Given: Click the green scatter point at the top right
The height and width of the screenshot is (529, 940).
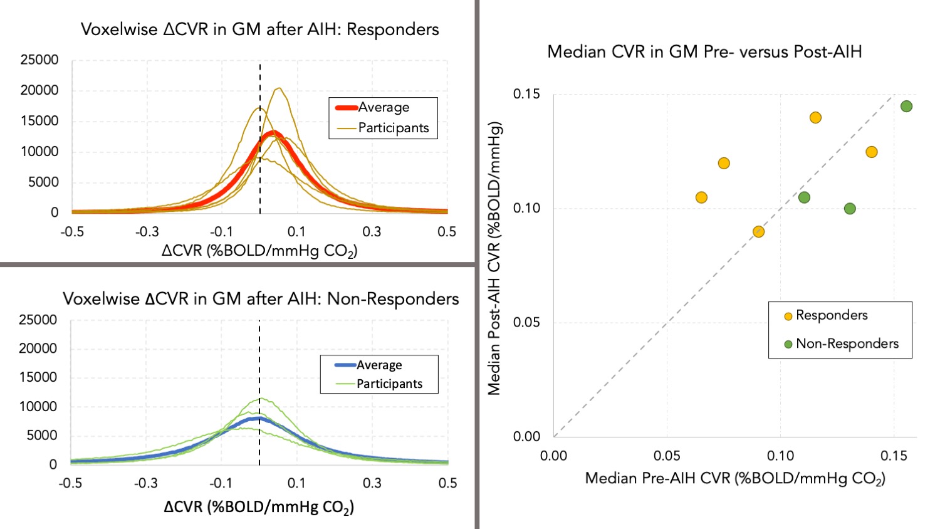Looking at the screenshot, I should tap(906, 107).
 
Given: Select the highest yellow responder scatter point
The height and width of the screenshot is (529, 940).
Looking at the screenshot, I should tap(815, 118).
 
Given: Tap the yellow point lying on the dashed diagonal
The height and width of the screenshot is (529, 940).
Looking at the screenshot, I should tap(758, 232).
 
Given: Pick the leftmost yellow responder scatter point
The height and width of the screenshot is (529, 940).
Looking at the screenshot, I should tap(701, 197).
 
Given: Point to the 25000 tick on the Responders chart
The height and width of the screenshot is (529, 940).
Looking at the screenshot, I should tap(39, 60).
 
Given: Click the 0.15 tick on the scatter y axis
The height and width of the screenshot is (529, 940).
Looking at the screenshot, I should tap(526, 94).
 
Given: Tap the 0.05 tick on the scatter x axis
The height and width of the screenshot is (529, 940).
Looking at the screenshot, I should tap(667, 456).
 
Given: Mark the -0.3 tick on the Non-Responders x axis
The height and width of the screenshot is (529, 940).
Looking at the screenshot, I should tap(145, 483).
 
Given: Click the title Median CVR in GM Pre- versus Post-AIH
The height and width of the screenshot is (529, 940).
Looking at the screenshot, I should tap(704, 51).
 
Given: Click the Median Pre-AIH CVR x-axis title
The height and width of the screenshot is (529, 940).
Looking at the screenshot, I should tap(735, 479).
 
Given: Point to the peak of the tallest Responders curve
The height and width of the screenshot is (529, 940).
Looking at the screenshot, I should tap(279, 88).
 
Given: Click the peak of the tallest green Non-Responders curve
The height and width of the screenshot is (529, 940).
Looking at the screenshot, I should tap(260, 398).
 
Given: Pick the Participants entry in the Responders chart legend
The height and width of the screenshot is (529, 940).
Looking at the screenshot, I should tap(393, 128).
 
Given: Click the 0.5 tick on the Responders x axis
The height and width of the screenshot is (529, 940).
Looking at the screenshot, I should tap(447, 232).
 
